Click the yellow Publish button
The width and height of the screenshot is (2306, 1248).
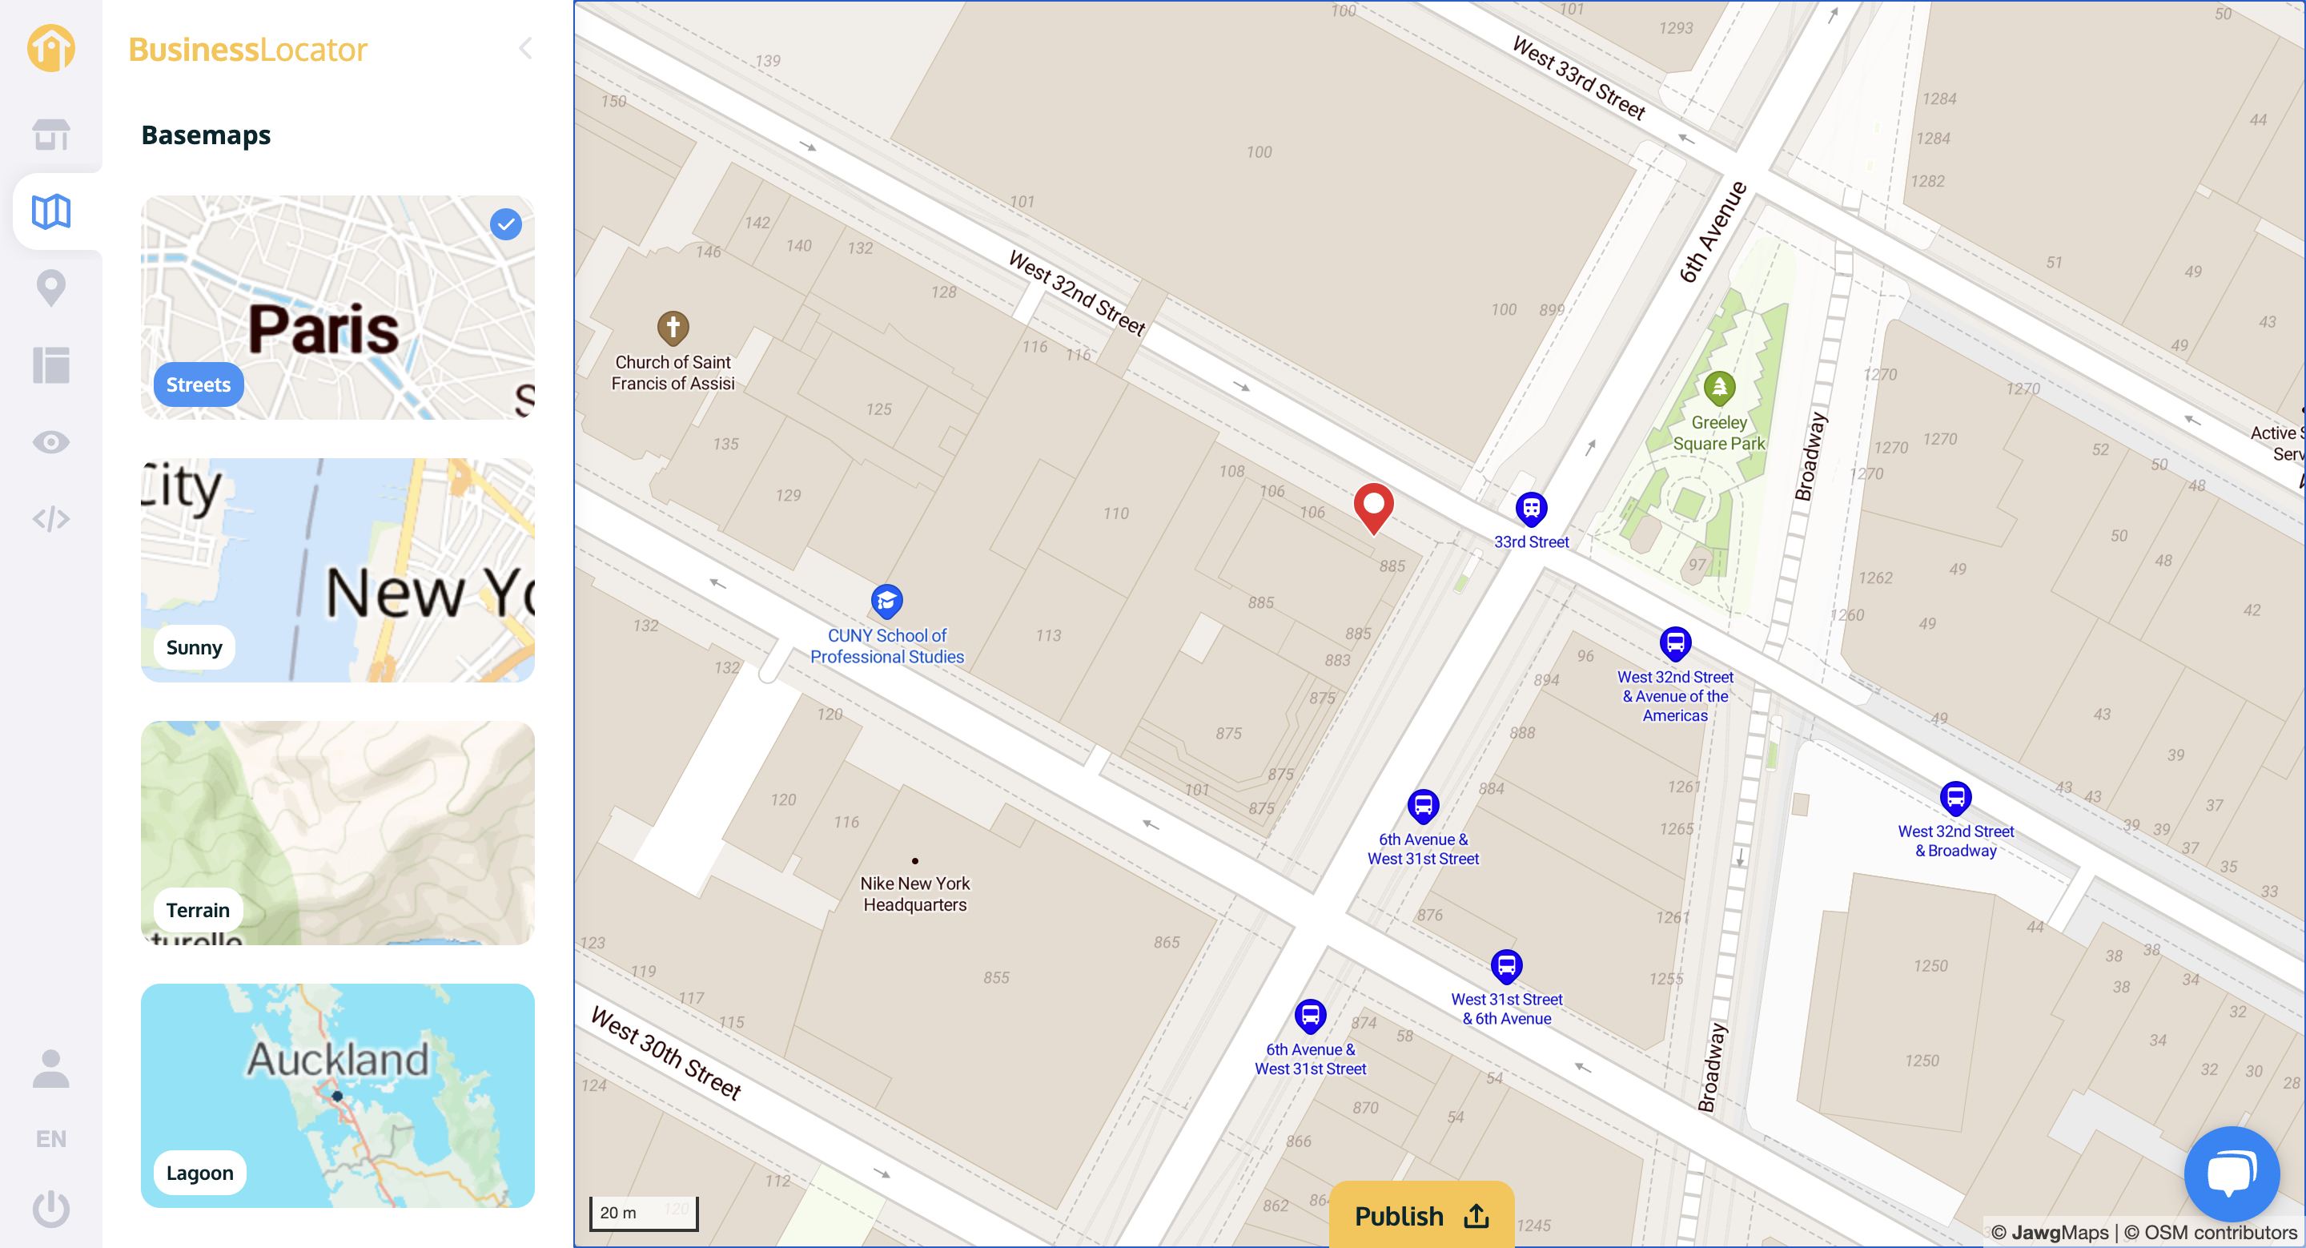tap(1420, 1215)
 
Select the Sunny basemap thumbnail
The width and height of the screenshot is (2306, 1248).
tap(337, 570)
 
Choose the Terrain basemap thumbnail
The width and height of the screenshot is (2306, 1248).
tap(337, 832)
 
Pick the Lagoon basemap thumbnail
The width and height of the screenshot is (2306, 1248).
tap(337, 1095)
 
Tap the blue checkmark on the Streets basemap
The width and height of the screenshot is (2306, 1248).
tap(506, 223)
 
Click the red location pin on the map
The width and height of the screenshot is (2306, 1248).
tap(1373, 505)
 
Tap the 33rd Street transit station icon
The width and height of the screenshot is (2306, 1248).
tap(1531, 509)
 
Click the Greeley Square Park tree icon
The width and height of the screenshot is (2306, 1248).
tap(1719, 388)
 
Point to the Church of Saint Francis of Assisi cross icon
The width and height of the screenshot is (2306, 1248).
tap(673, 328)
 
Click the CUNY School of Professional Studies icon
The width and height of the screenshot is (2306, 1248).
tap(886, 601)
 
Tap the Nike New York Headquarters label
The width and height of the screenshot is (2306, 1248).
tap(915, 893)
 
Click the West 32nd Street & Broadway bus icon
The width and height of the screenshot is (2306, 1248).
tap(1955, 797)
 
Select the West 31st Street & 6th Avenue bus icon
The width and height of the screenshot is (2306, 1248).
tap(1507, 966)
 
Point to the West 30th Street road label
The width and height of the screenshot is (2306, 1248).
tap(666, 1053)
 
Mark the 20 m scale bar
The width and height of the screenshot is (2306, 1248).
tap(643, 1213)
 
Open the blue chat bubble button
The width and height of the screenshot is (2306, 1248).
tap(2231, 1173)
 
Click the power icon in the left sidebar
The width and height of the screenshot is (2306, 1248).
tap(51, 1208)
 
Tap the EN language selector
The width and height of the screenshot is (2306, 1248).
tap(51, 1139)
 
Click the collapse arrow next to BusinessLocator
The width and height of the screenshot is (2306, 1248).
tap(525, 48)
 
